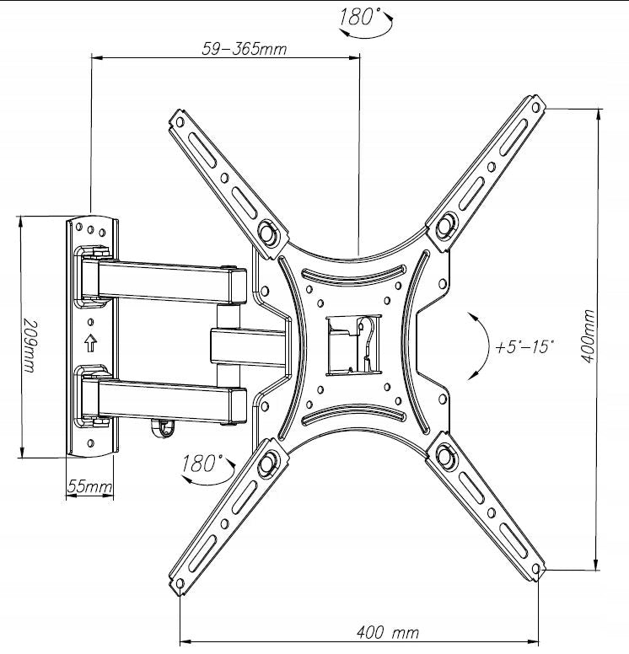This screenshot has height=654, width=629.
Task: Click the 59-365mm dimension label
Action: [x=245, y=49]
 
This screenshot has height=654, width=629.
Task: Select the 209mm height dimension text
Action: [x=30, y=346]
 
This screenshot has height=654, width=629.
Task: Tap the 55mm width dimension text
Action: [x=89, y=486]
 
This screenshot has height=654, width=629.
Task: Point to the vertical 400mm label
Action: [x=588, y=336]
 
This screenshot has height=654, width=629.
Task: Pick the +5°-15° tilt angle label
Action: [x=524, y=347]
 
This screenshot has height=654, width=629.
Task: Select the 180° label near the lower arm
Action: [x=200, y=464]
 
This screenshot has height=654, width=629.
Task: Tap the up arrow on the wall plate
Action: [x=90, y=343]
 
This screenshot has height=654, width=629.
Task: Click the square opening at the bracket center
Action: [x=353, y=345]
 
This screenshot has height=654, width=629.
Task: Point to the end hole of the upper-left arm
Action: [x=180, y=122]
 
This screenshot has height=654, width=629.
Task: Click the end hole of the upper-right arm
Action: [x=535, y=107]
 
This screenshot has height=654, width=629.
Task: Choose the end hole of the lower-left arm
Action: [x=180, y=583]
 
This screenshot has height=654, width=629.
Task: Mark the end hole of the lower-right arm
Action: [x=536, y=569]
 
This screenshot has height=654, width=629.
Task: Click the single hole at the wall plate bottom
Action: [x=90, y=443]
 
